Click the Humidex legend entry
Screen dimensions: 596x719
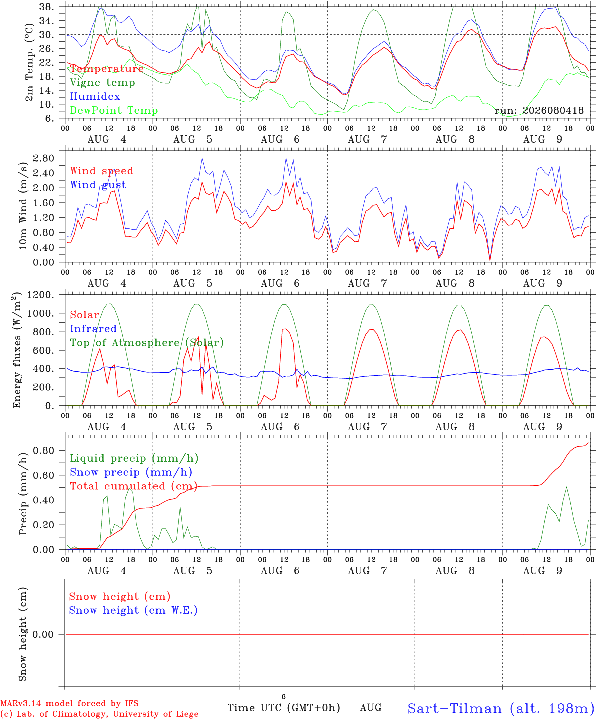(x=95, y=96)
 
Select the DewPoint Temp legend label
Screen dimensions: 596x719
(x=114, y=110)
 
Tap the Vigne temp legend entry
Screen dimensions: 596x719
(x=103, y=83)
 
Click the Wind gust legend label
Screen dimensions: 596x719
(x=98, y=185)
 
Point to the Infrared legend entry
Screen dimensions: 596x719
(x=93, y=329)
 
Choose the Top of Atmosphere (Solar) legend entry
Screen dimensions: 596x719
(x=147, y=343)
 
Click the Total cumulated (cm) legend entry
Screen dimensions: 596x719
(x=134, y=486)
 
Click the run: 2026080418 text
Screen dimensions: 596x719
(x=539, y=110)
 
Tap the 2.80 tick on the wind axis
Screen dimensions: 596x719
(x=44, y=158)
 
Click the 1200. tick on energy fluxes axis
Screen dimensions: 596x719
(x=41, y=295)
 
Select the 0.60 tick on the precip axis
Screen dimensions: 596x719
(x=44, y=475)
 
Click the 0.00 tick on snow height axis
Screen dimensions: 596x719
(x=43, y=634)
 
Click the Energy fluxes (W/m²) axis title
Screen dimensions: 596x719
(x=17, y=350)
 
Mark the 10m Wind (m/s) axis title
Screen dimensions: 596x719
(x=23, y=206)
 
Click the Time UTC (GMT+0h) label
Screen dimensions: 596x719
(x=284, y=708)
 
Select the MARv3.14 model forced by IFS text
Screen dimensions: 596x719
(x=69, y=703)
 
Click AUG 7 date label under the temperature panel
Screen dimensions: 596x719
(x=368, y=139)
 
